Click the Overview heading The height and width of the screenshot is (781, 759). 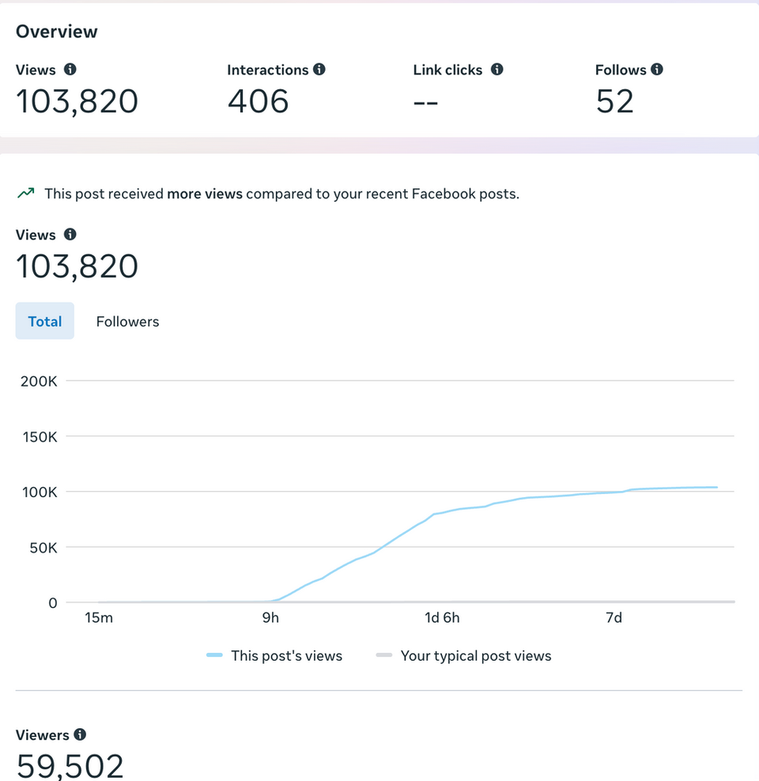[x=57, y=32]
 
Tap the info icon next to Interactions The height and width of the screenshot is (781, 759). [x=319, y=70]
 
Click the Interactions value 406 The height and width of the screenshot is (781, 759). [x=258, y=102]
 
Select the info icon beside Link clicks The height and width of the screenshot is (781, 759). [x=497, y=70]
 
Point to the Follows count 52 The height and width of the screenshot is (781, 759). [x=614, y=102]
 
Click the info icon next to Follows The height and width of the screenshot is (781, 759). [x=657, y=70]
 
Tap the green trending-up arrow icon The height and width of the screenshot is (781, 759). [x=26, y=193]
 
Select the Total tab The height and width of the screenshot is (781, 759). [x=45, y=321]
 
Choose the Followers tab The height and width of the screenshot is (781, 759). [x=127, y=321]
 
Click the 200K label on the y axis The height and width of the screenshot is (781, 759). [x=39, y=381]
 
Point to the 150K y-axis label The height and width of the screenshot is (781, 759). [x=39, y=436]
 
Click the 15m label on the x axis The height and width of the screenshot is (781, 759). [x=99, y=617]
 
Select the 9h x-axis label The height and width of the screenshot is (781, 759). [x=270, y=617]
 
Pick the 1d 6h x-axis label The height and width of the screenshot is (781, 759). [x=442, y=617]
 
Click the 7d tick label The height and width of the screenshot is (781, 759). [x=614, y=617]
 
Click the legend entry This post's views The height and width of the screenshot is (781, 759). [x=285, y=655]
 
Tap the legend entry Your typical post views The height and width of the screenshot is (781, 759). [x=475, y=655]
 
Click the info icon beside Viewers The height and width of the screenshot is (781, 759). [x=80, y=735]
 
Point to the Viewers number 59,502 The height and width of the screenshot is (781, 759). [x=70, y=766]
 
